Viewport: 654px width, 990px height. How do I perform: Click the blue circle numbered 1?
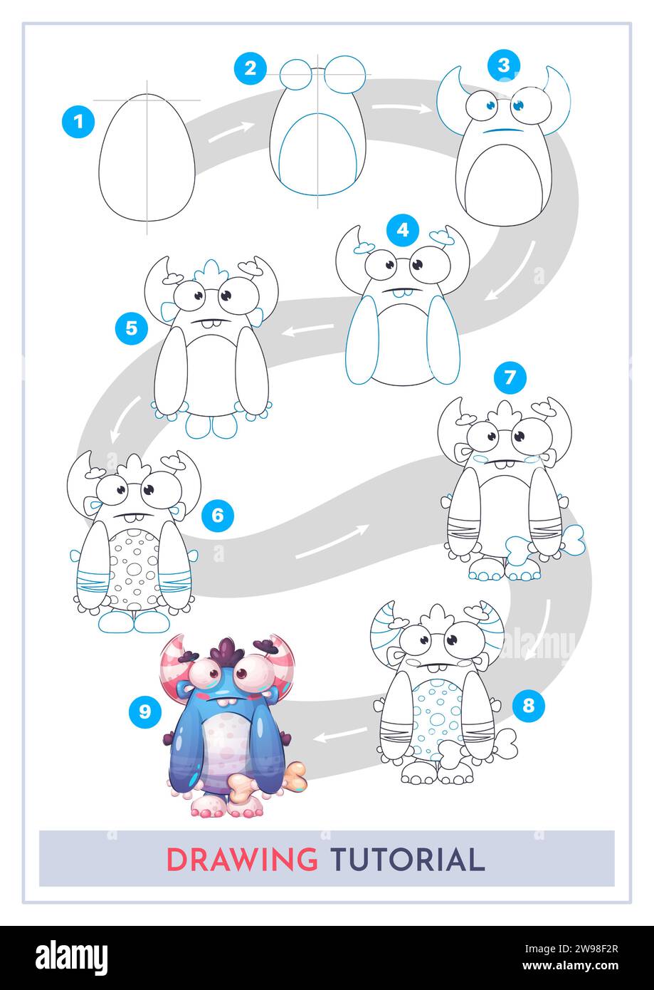(78, 122)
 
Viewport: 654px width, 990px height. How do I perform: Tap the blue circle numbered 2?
(250, 68)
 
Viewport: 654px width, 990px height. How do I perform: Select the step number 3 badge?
(503, 66)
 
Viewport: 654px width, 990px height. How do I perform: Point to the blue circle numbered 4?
(403, 230)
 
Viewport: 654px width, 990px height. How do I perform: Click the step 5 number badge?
(131, 328)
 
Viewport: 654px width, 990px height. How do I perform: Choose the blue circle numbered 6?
(218, 516)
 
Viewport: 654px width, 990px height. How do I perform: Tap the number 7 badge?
(510, 378)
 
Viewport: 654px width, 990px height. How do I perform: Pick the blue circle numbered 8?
(528, 706)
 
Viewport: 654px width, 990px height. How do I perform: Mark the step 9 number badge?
(145, 712)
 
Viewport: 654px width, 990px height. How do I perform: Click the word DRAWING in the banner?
(242, 860)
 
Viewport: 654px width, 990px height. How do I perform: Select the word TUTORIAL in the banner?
(406, 860)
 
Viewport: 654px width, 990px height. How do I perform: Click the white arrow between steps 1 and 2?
(231, 132)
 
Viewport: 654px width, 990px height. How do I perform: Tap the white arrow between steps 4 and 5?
(310, 329)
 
